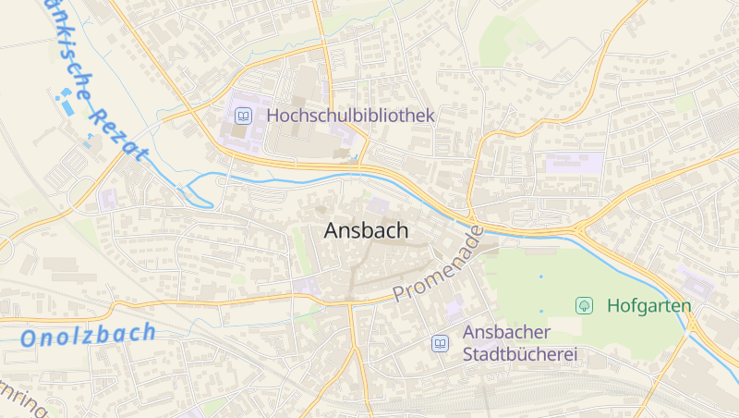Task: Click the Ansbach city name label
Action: pos(366,231)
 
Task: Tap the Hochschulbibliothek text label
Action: pos(350,116)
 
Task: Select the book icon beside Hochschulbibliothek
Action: pos(243,116)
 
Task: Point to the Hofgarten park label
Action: pos(649,305)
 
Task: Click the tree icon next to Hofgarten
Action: pos(584,304)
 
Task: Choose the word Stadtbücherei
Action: pos(520,354)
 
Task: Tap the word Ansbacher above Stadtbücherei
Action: pos(507,333)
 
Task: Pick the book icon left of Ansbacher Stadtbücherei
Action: pos(441,344)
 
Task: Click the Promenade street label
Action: pos(439,264)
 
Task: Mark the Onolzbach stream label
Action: pos(89,335)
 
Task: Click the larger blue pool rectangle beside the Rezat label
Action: pos(68,107)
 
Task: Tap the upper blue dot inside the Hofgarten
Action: pos(541,276)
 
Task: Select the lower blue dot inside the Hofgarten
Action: pos(542,311)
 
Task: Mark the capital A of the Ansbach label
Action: pos(333,231)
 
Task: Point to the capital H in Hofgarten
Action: pos(613,305)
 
